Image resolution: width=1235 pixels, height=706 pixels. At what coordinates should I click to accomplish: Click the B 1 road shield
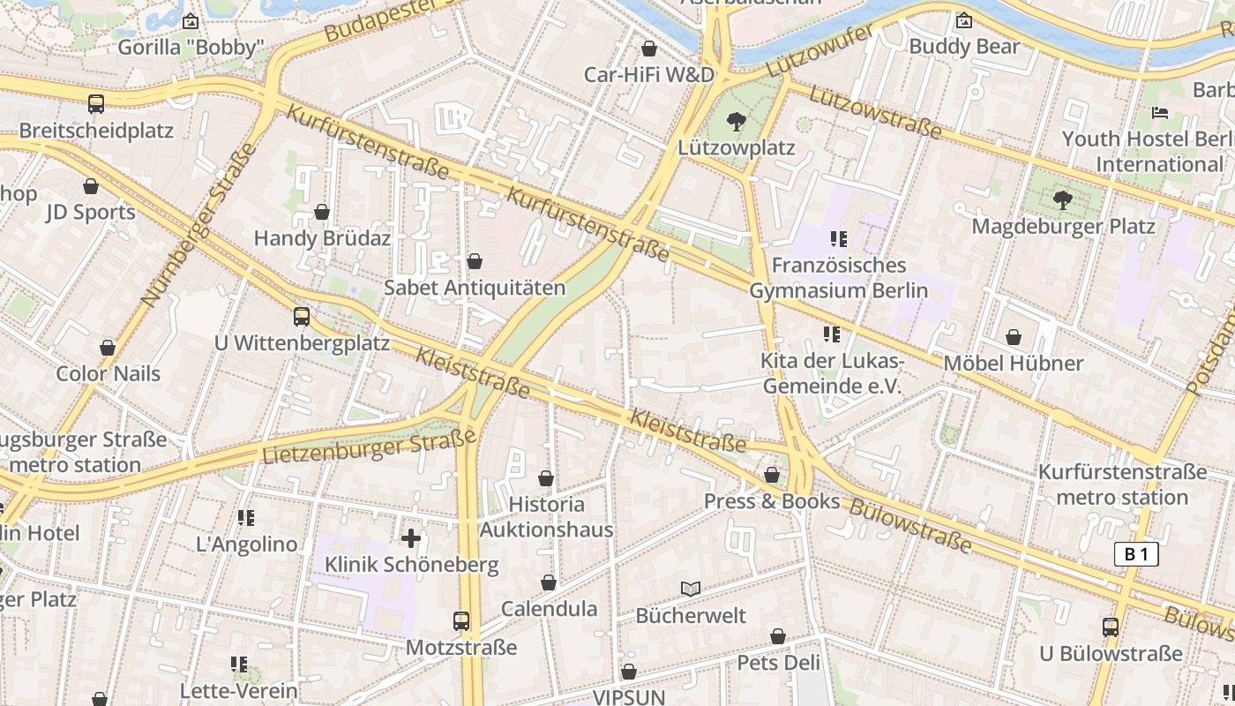[x=1136, y=554]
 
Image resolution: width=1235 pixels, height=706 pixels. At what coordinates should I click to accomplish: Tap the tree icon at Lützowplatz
[x=736, y=122]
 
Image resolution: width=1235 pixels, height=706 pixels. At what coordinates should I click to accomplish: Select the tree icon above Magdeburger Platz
[x=1063, y=200]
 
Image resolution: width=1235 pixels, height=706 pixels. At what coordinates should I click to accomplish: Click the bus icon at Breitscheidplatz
[x=96, y=104]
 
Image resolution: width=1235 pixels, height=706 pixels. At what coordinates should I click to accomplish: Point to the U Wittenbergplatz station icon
[x=302, y=317]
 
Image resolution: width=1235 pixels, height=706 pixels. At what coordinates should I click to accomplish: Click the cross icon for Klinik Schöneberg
[x=411, y=537]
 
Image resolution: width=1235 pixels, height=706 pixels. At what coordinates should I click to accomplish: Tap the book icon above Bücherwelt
[x=691, y=589]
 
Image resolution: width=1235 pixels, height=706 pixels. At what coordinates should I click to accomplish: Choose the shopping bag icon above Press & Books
[x=772, y=475]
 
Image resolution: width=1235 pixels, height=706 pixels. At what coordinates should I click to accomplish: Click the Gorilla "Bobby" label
[x=191, y=47]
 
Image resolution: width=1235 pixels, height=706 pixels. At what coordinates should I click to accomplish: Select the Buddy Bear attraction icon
[x=964, y=19]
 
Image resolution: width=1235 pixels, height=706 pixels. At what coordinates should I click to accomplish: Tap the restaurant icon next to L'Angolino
[x=246, y=518]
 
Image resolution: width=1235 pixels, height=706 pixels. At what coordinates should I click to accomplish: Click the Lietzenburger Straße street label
[x=370, y=447]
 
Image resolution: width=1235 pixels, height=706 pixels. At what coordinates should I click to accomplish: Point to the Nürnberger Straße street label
[x=198, y=225]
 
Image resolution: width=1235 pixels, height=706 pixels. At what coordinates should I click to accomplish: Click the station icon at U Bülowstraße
[x=1111, y=627]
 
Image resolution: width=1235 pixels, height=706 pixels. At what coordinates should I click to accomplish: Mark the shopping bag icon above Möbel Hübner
[x=1014, y=337]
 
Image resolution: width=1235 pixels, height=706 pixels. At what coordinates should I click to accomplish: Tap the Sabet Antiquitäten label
[x=475, y=288]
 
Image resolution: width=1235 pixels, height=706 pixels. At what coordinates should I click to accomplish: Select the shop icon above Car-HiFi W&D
[x=649, y=48]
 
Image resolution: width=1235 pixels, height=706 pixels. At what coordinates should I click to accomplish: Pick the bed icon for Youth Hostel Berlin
[x=1160, y=113]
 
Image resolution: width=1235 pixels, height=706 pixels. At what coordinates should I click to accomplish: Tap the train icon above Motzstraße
[x=461, y=621]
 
